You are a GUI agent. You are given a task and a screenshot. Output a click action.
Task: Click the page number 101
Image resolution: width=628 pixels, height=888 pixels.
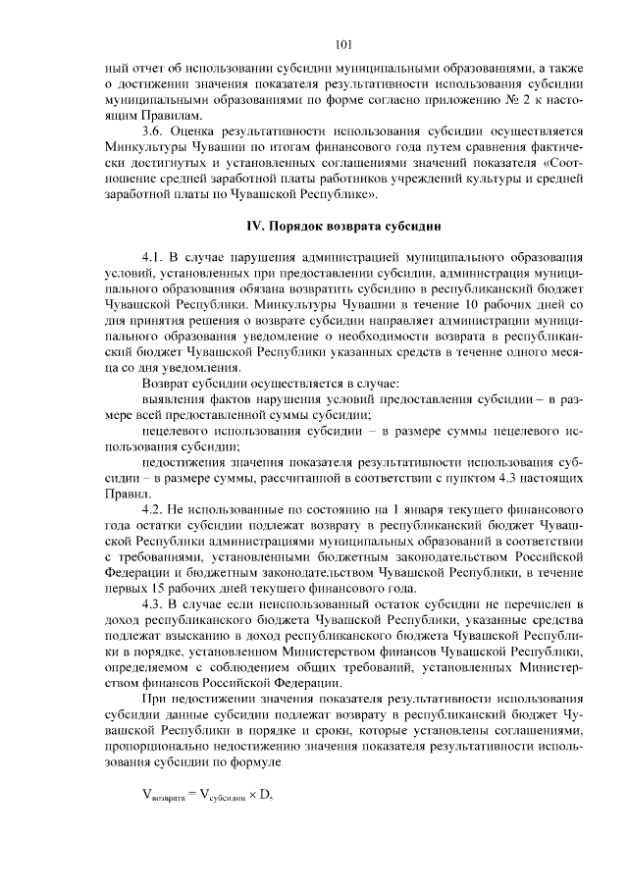342,44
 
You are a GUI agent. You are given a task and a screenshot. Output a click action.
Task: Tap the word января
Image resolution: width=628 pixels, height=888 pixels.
432,511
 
